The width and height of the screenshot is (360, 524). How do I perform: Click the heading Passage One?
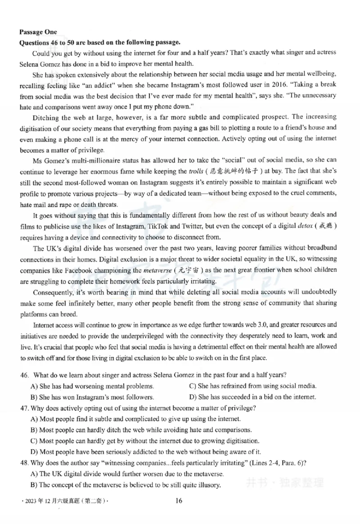coord(38,32)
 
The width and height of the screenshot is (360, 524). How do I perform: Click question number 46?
coord(24,375)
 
